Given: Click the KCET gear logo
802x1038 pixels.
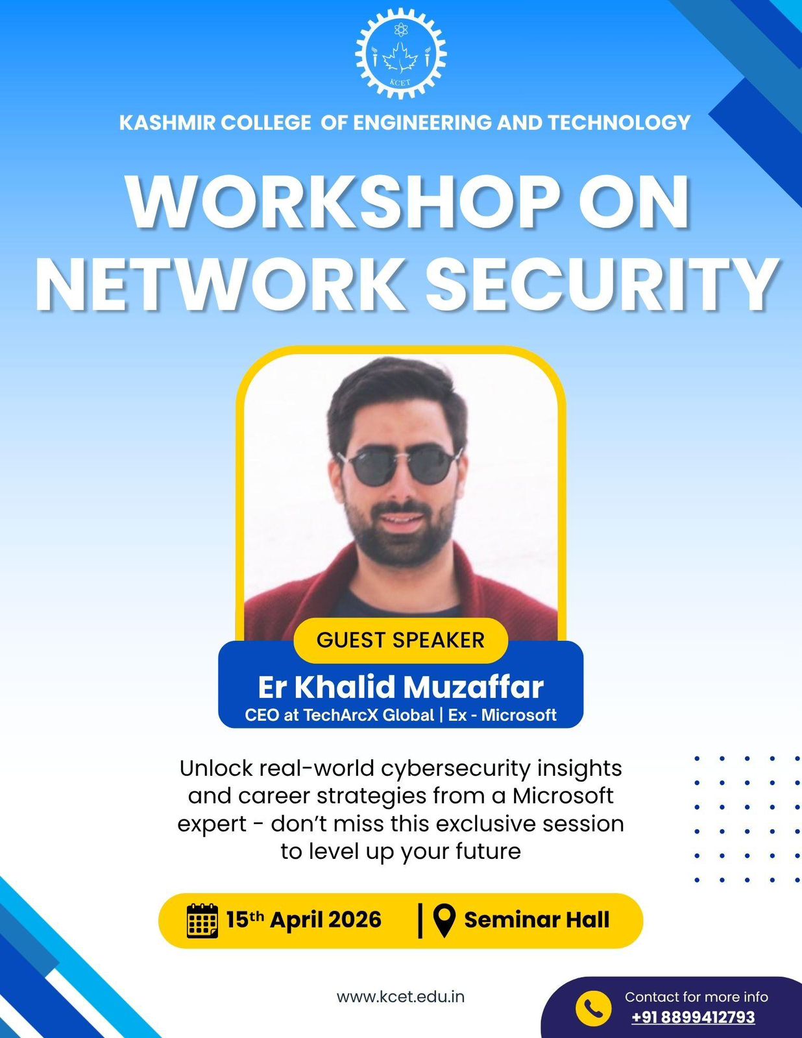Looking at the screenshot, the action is [401, 54].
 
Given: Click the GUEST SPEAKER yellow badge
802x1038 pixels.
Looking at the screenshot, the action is [401, 640].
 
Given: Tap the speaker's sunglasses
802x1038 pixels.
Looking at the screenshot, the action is [400, 467].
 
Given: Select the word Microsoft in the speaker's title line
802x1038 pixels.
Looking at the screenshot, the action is [518, 715].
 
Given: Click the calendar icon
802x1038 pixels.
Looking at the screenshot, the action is [202, 921].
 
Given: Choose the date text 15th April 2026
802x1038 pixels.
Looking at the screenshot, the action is [304, 920].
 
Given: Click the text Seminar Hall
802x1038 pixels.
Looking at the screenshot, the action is [537, 920].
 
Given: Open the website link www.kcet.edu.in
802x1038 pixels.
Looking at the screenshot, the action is [401, 997].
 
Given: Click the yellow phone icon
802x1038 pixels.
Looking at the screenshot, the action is [593, 1008].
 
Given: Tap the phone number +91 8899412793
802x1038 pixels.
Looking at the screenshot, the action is [693, 1017].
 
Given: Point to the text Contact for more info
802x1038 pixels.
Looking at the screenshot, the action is [696, 997].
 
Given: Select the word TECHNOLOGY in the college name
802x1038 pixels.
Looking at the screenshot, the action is [619, 123].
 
